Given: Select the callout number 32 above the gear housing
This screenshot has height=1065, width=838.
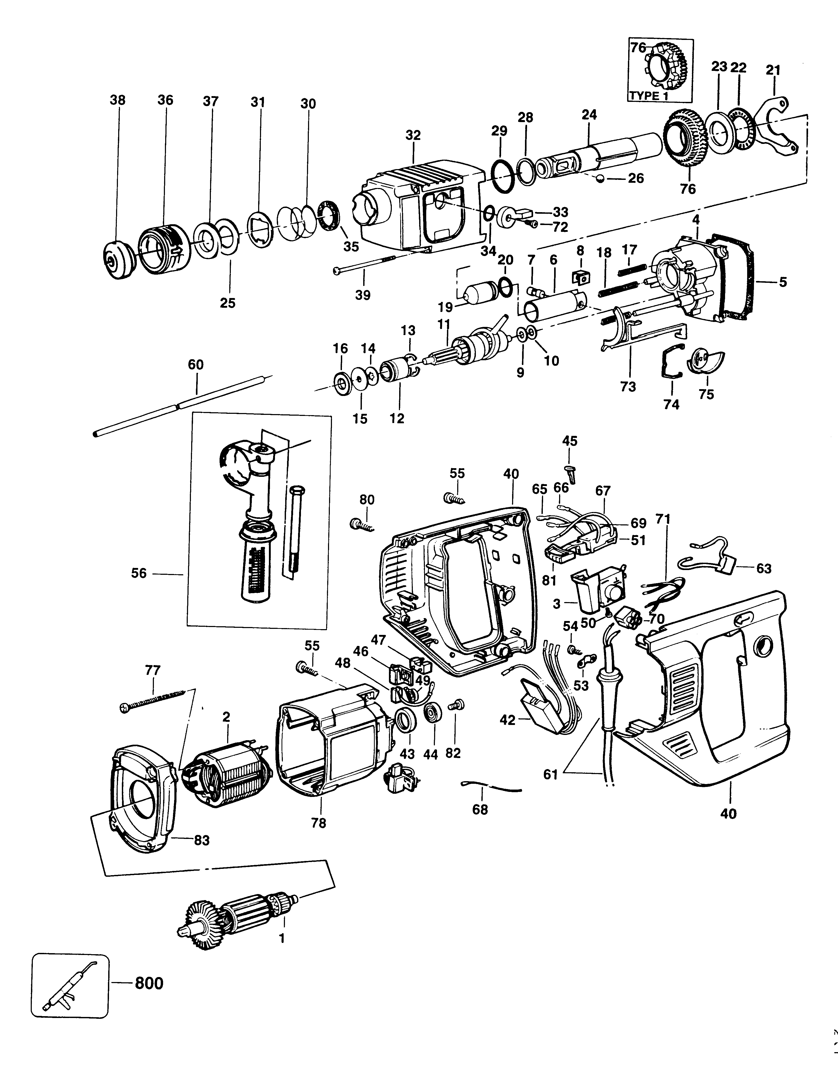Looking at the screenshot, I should click(x=413, y=135).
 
